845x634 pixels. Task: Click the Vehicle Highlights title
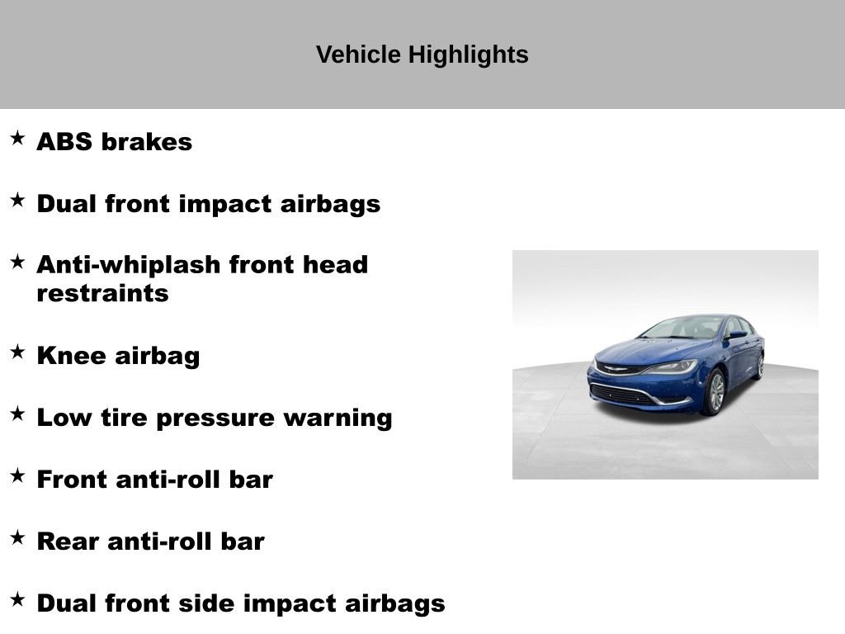[x=422, y=54]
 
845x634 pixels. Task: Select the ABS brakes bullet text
[x=114, y=142]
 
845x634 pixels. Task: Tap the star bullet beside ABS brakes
[x=17, y=138]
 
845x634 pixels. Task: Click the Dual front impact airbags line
[x=208, y=204]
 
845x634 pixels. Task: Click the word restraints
[x=102, y=294]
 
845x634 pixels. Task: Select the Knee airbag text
[x=118, y=356]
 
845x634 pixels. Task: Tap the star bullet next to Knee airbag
[x=17, y=352]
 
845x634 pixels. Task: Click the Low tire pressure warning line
[x=214, y=418]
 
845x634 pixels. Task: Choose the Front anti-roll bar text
[x=154, y=480]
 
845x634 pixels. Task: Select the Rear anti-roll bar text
[x=150, y=542]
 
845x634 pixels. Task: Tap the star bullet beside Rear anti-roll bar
[x=17, y=537]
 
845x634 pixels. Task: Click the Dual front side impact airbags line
[x=240, y=603]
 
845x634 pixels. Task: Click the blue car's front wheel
[x=714, y=392]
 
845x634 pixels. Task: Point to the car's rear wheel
[x=758, y=367]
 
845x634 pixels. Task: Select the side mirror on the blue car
[x=734, y=336]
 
